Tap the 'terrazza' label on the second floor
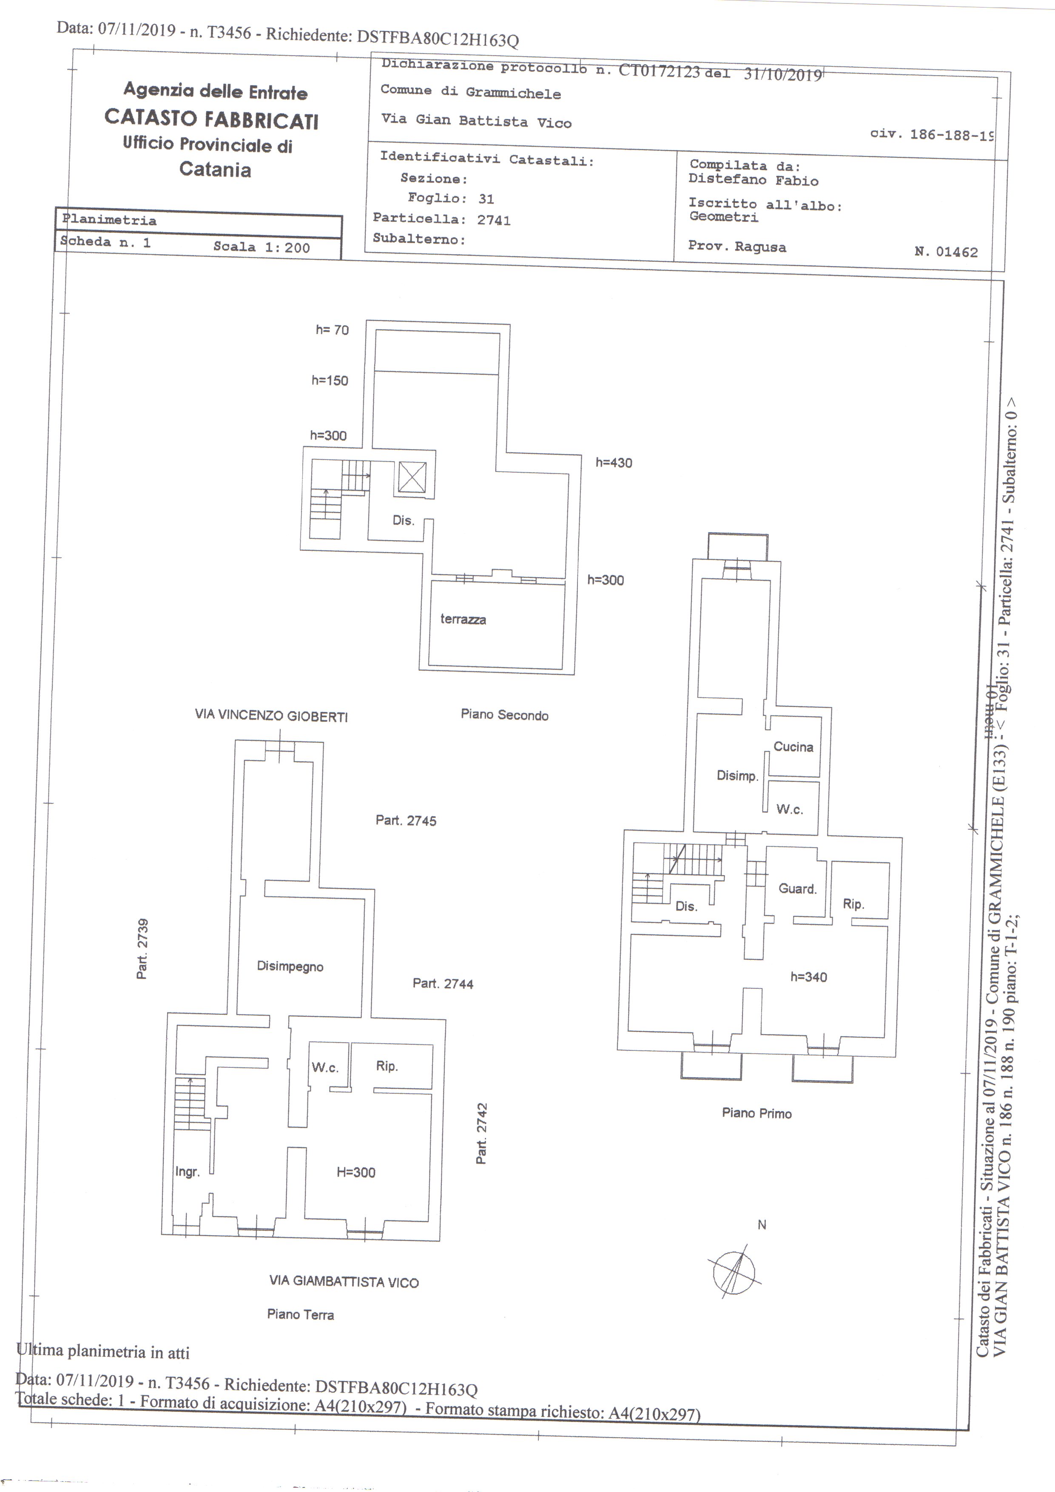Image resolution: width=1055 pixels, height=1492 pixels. [463, 619]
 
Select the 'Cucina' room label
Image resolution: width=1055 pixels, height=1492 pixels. [793, 747]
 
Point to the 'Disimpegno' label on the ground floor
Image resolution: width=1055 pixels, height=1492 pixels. [290, 966]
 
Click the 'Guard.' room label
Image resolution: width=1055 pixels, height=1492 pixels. [798, 888]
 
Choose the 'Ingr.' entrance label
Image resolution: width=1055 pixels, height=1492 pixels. [187, 1171]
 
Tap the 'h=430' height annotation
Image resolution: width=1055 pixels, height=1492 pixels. [614, 462]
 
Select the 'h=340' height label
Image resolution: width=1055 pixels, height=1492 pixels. [809, 977]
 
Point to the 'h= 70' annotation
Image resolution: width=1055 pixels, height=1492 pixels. [332, 330]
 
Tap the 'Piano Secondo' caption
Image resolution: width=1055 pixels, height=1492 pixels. [504, 715]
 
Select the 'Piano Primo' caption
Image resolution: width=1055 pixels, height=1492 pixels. [756, 1113]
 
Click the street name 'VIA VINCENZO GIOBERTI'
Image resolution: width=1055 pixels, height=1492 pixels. [271, 716]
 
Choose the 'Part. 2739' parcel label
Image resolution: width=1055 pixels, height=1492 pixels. [142, 948]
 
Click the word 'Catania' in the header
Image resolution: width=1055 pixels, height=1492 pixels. [215, 170]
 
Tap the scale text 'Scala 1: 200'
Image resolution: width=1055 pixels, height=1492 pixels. [262, 247]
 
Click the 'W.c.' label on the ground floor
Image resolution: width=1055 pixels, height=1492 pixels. [325, 1067]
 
